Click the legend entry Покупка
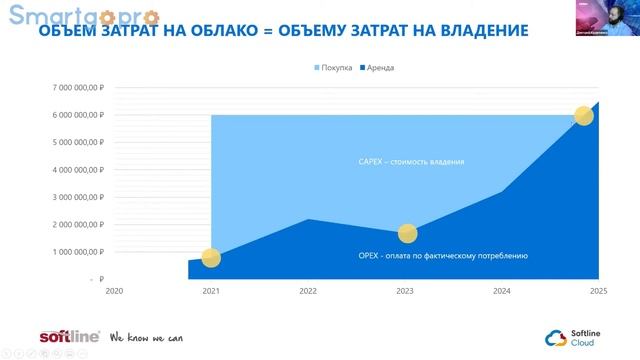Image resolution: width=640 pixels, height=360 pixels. [335, 68]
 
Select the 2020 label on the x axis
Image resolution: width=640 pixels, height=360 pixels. [114, 291]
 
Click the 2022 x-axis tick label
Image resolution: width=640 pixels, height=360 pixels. [308, 291]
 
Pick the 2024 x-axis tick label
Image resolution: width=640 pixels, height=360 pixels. [502, 291]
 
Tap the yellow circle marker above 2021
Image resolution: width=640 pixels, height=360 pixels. [211, 258]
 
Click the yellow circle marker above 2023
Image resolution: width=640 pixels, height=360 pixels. [406, 234]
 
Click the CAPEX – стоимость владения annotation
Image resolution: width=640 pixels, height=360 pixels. [411, 162]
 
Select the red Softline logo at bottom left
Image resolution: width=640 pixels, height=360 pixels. [69, 337]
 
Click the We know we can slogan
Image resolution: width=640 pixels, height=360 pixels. [146, 338]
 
